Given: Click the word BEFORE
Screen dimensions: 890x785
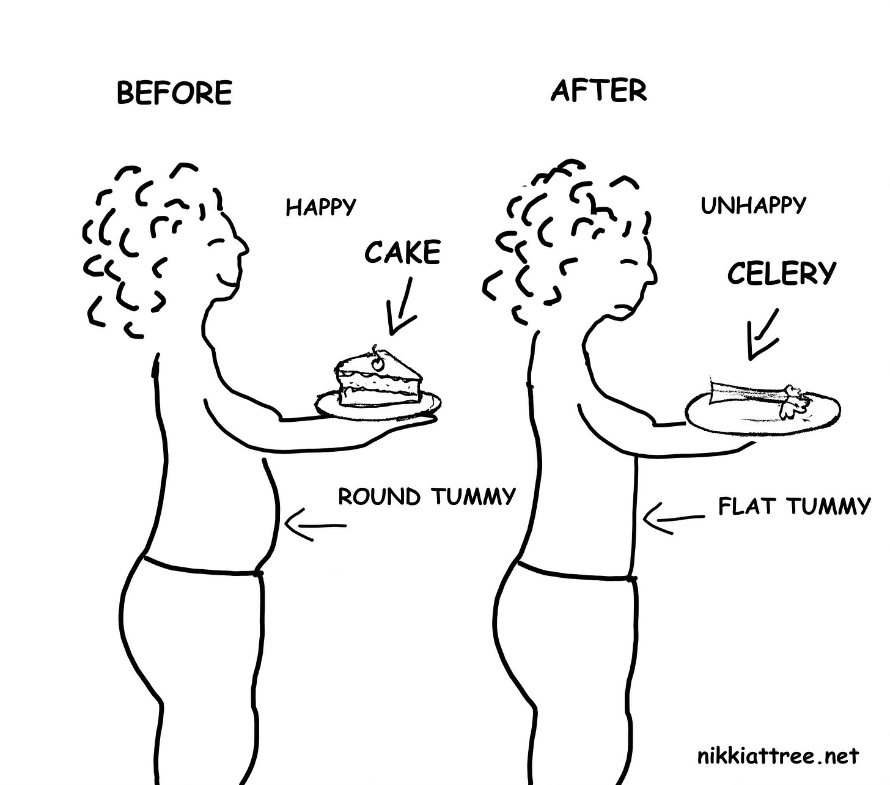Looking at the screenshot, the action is coord(174,93).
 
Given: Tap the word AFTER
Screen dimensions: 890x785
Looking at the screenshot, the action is coord(598,90).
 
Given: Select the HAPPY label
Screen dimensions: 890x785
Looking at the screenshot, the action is coord(320,207).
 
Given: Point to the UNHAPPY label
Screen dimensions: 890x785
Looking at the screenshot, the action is coord(753,205).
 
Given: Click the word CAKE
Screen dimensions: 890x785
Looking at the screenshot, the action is coord(403,252).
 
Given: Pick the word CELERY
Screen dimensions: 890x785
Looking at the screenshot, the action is coord(781,273).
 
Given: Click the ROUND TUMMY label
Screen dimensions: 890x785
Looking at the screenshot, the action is coord(427,496).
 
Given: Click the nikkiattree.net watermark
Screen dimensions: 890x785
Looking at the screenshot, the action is coord(778,757).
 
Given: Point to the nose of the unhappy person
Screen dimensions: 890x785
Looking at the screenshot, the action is coord(653,275).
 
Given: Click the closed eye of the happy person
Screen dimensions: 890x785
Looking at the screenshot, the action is coord(216,243).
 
